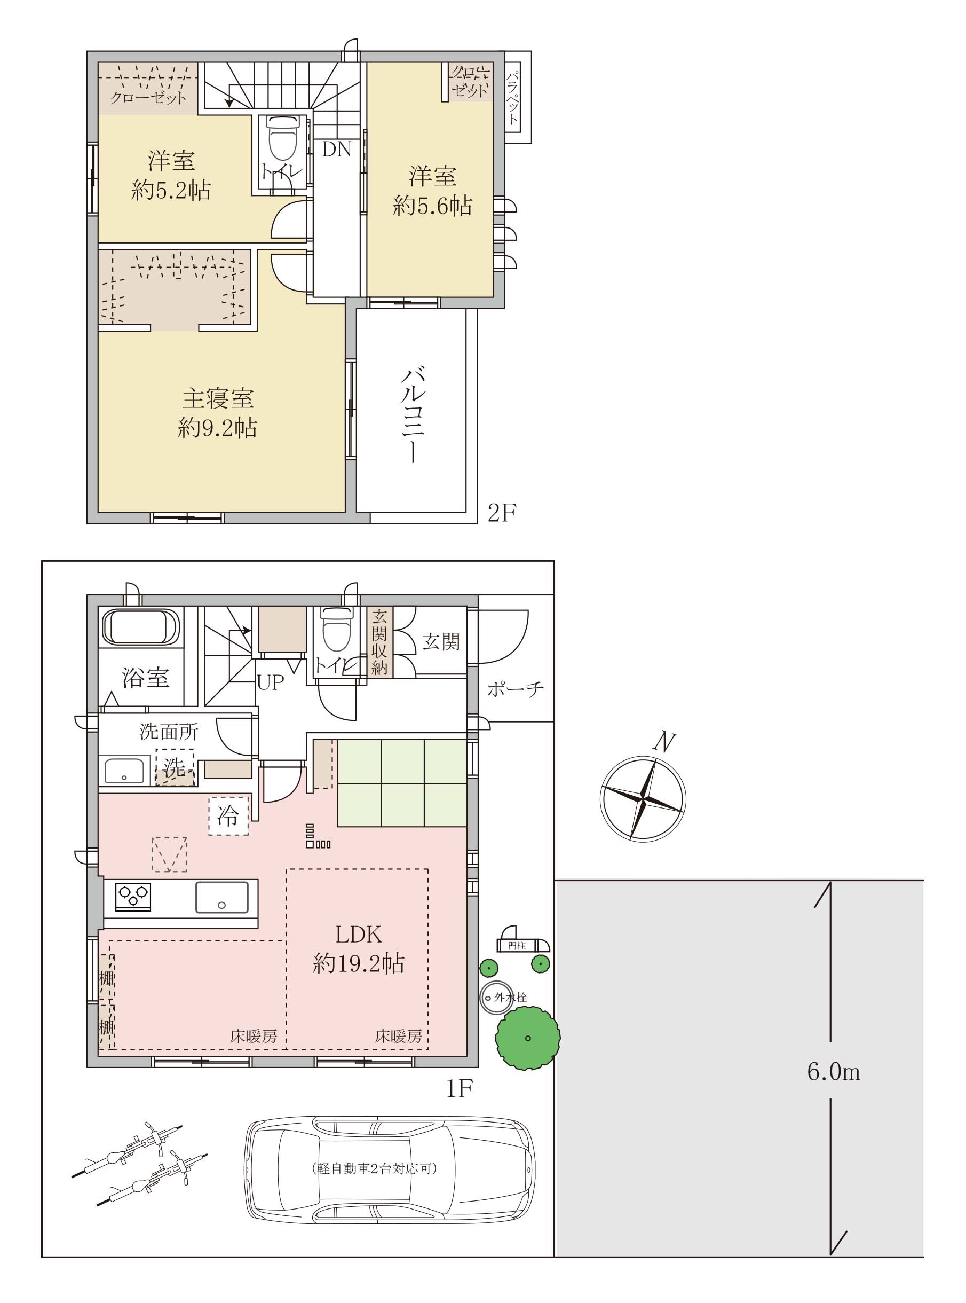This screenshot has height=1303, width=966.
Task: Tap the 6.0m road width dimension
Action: coord(833,1072)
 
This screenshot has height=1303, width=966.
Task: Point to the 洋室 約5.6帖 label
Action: coord(433,191)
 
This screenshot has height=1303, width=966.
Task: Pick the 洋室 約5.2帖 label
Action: coord(171,176)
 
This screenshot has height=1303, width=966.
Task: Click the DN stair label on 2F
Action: coord(337,150)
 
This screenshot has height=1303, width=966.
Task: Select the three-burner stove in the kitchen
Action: coord(133,897)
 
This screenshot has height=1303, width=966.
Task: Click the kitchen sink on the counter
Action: coord(221,897)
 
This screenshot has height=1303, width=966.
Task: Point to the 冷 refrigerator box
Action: coord(228,815)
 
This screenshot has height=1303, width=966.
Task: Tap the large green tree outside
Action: coord(527,1038)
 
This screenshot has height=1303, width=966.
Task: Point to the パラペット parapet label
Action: coord(513,98)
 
